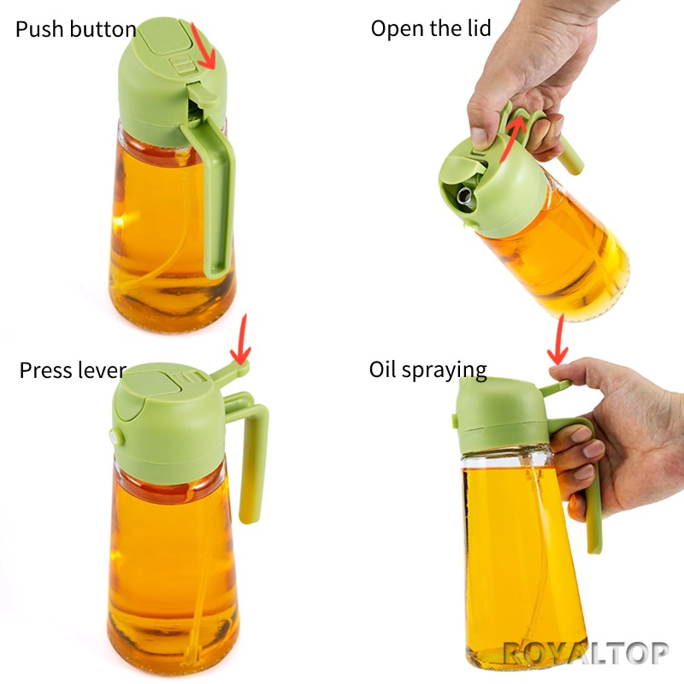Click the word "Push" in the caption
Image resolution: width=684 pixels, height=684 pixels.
[38, 31]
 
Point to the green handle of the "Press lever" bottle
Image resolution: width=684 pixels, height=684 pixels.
[253, 462]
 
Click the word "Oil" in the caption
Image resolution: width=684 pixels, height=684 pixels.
[381, 370]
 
